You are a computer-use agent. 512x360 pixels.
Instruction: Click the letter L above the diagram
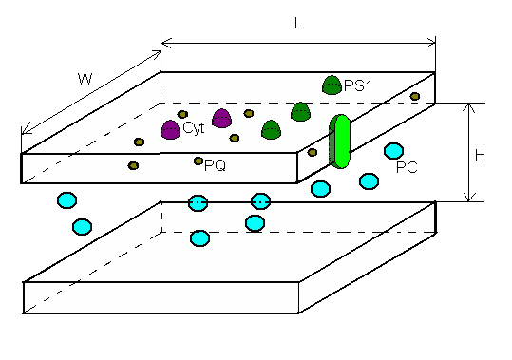coord(298,23)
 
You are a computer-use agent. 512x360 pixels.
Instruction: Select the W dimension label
coord(85,79)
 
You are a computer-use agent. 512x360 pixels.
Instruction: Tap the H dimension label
coord(480,156)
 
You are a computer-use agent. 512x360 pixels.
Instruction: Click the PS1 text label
coord(358,86)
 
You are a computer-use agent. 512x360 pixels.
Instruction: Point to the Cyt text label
coord(194,127)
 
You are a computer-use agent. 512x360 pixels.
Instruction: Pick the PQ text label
coord(216,165)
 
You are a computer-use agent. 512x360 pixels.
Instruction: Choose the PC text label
coord(407,167)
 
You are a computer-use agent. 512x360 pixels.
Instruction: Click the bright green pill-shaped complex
coord(340,142)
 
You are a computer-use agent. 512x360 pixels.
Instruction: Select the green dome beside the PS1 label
coord(332,85)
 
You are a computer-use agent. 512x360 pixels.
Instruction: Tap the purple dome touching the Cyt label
coord(170,130)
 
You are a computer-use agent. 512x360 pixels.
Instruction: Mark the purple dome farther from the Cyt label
coord(222,118)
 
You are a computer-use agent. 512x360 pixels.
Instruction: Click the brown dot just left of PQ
coord(199,161)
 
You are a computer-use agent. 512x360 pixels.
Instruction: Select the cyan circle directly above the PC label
coord(394,151)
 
